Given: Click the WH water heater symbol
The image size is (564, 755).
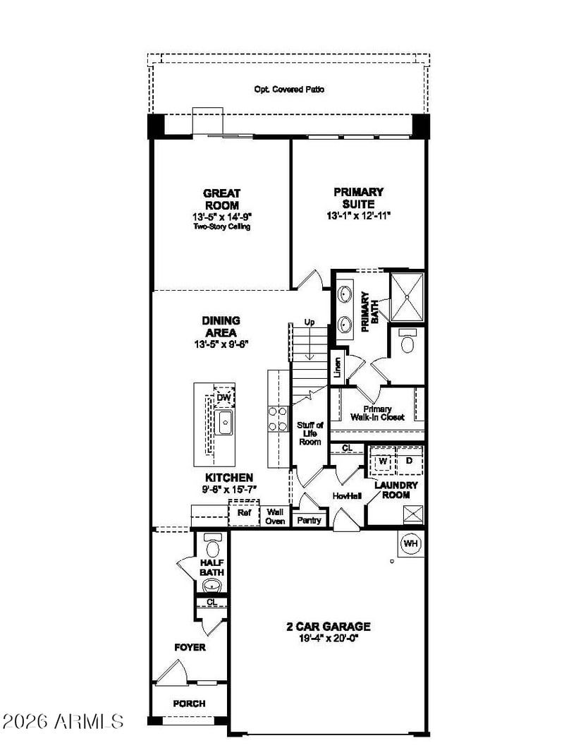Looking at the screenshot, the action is tap(410, 543).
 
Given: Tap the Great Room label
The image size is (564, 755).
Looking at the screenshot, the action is tap(222, 199).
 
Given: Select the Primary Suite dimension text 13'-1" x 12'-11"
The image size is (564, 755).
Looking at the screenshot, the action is tap(359, 216).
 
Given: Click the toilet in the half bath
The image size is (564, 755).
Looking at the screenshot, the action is tap(212, 545).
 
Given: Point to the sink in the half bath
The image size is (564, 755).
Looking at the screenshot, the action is tap(212, 586).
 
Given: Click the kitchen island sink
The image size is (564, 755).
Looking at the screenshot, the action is tap(225, 422).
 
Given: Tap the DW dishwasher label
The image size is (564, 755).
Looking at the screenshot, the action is tap(223, 398).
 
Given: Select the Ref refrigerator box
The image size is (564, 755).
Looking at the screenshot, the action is tap(244, 513).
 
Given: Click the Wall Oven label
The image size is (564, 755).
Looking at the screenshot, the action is tap(275, 517).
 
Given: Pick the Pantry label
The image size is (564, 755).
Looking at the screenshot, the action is tap(309, 520).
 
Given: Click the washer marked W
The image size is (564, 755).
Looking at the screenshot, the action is tap(383, 461).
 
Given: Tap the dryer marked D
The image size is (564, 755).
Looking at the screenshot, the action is tap(410, 461).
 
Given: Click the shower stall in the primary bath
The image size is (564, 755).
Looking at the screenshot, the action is tap(407, 297).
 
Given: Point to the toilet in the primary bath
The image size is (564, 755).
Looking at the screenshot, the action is tap(407, 341).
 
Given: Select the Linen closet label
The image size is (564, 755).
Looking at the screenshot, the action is tap(338, 368).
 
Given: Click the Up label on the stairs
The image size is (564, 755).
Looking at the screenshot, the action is tap(309, 322).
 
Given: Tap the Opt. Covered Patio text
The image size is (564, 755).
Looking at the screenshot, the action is tap(289, 90).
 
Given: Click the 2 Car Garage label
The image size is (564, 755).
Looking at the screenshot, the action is tap(329, 627).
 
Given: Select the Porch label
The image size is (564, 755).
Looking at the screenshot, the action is tap(189, 703).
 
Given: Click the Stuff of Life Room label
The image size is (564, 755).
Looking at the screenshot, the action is tap(310, 433).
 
